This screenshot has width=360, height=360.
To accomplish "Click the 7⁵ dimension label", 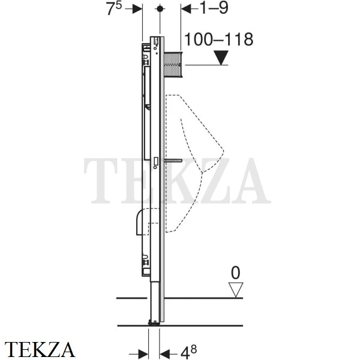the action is [x=114, y=9].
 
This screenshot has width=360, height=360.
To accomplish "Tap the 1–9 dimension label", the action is [x=214, y=8].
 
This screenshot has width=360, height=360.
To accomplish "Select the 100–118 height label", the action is [x=218, y=39].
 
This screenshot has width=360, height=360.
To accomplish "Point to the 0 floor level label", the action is [x=236, y=273].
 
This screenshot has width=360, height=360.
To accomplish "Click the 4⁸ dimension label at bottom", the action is [x=189, y=352].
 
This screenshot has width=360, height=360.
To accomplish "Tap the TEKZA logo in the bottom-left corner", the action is [x=40, y=349].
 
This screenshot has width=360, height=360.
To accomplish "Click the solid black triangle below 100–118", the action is [x=221, y=58].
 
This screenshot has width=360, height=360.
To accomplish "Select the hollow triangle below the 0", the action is [x=236, y=290].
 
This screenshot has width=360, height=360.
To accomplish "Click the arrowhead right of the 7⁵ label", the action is [x=137, y=9].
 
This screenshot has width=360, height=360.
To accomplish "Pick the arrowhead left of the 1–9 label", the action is [x=186, y=9].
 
